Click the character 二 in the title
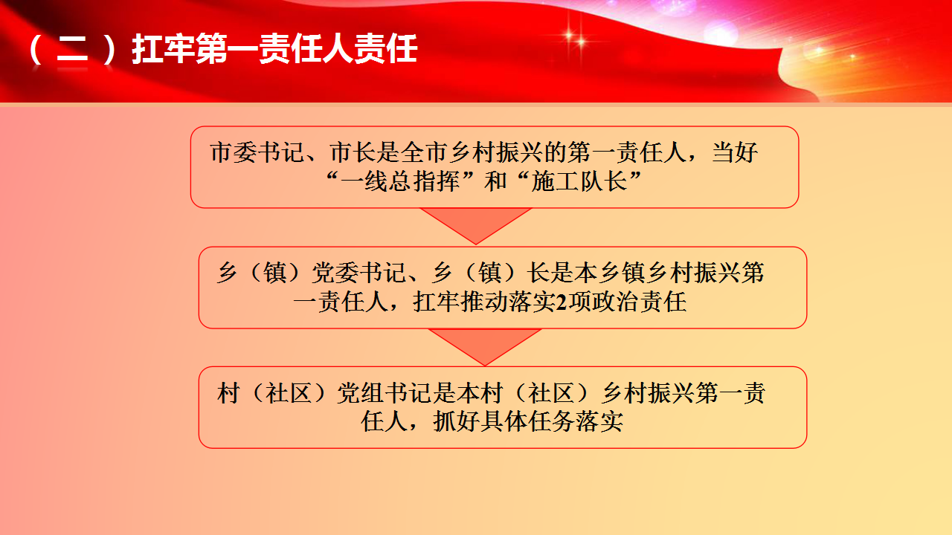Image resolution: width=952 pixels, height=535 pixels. pos(72,49)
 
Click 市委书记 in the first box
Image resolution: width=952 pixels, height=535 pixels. pos(257,152)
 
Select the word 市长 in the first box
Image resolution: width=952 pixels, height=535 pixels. pos(353,152)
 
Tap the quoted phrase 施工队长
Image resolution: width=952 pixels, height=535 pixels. pos(579,182)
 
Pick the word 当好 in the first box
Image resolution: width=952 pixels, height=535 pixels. pos(735,152)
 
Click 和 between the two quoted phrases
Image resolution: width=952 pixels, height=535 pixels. pos(495,182)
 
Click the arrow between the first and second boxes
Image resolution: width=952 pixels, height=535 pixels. pos(476,226)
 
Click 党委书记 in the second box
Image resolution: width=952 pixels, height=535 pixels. pos(358,273)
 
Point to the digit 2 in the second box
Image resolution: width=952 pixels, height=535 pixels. pos(562,302)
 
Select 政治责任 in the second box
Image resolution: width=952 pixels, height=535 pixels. pos(639,302)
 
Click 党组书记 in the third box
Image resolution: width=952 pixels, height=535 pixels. pos(384,393)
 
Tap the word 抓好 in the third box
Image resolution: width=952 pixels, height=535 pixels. pos(457,422)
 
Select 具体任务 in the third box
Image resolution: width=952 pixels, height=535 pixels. pos(528,422)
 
